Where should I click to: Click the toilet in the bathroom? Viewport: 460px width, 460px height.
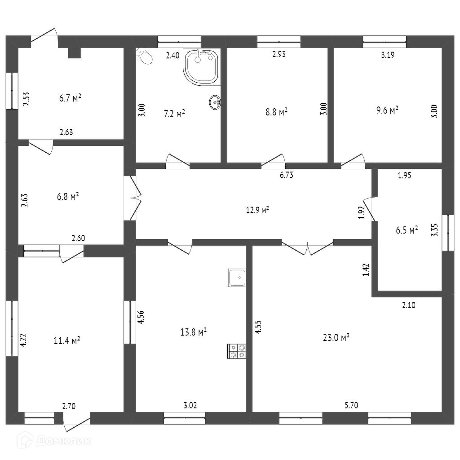click(x=145, y=57)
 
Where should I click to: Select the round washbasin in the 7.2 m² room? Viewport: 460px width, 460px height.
click(x=215, y=102)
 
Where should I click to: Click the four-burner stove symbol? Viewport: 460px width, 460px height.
click(x=237, y=351)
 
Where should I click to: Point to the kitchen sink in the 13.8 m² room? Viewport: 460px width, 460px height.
click(x=237, y=278)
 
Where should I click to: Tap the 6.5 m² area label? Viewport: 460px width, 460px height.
click(x=407, y=230)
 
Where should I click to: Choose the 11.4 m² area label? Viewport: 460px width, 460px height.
click(x=67, y=341)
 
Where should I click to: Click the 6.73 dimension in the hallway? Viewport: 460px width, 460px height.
click(x=286, y=175)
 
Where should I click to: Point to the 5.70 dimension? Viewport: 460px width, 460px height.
click(x=351, y=405)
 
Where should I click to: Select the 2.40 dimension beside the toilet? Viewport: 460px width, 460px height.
click(x=172, y=56)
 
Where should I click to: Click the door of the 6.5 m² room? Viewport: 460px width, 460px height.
click(x=369, y=209)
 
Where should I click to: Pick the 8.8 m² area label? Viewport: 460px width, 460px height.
click(x=276, y=111)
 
